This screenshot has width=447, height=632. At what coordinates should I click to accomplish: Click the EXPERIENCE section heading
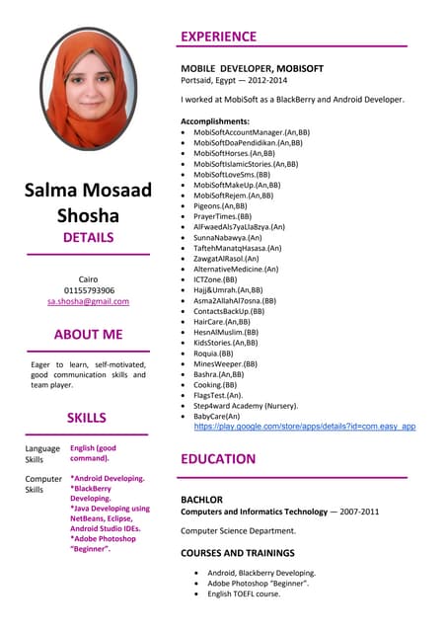(218, 37)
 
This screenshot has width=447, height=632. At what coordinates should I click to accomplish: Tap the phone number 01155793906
(89, 290)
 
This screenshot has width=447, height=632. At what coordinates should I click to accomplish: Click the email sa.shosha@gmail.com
(89, 301)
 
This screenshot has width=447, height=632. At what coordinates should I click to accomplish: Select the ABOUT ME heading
(89, 334)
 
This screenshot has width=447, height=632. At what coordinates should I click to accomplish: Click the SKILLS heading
(87, 418)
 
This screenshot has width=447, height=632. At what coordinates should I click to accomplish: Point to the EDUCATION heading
(218, 459)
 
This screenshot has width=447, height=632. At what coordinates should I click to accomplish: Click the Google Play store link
(304, 427)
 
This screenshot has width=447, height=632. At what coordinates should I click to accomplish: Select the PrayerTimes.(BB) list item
(222, 216)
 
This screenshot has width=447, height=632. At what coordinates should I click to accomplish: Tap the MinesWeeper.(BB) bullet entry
(225, 363)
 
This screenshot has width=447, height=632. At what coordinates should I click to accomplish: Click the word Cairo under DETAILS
(89, 278)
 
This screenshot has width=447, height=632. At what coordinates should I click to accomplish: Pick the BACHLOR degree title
(201, 500)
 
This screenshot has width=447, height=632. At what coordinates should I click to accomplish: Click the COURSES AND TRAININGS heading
(238, 553)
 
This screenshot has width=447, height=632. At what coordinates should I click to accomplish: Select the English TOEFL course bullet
(244, 593)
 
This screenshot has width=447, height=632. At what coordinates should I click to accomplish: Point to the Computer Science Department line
(244, 530)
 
